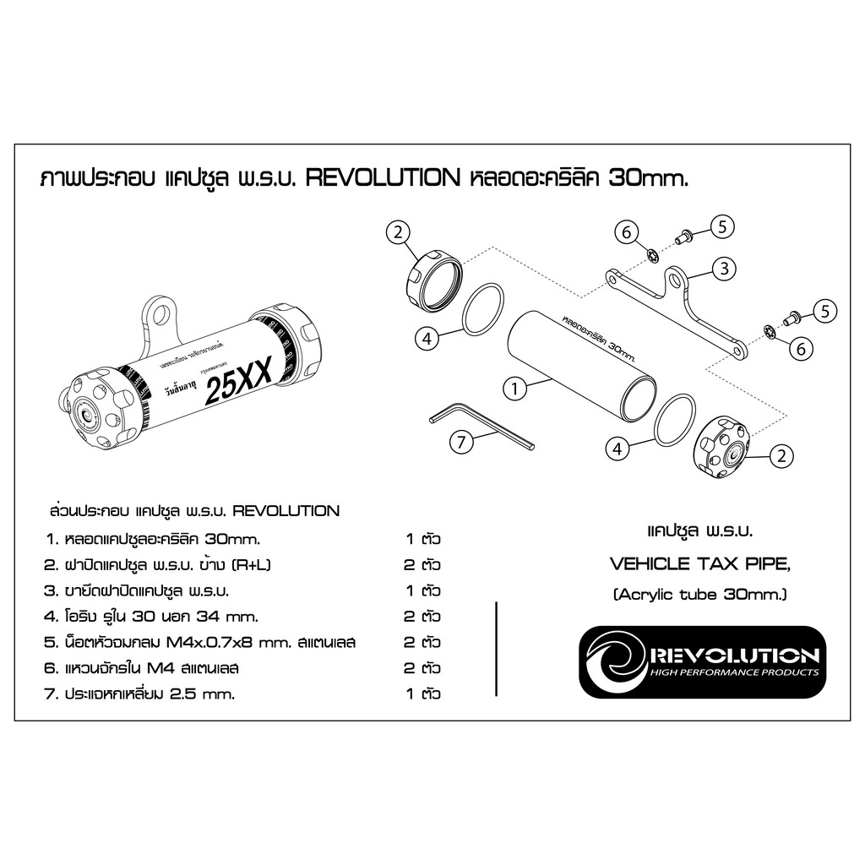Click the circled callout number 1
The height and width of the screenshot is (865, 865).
(514, 389)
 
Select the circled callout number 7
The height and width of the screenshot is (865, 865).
(461, 441)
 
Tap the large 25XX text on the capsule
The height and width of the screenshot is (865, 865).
(239, 387)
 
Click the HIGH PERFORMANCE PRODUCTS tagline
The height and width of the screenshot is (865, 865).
(731, 672)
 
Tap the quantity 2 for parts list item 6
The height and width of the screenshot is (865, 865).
(410, 668)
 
